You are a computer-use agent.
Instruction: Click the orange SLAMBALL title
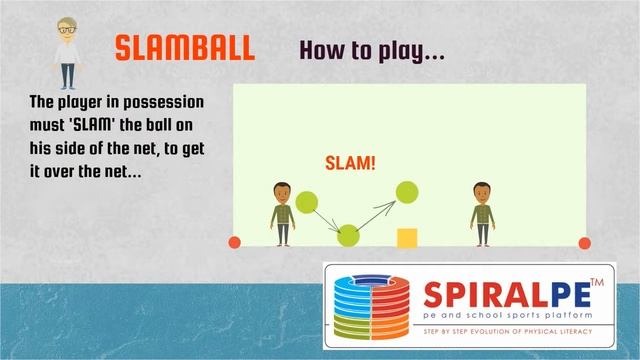pos(184,49)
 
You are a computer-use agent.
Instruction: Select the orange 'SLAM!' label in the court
pos(351,164)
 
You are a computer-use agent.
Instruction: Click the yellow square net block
pos(407,237)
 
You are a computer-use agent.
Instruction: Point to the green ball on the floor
pos(348,235)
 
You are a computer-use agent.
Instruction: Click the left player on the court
pos(282,213)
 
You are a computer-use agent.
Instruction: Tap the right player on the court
pos(483,213)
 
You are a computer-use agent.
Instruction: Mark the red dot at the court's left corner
pos(236,242)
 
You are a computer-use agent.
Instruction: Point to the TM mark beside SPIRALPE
pos(597,283)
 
